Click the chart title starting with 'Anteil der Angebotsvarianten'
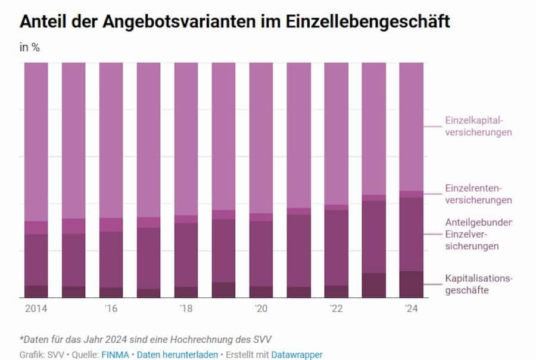pyautogui.click(x=235, y=21)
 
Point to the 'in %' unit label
pyautogui.click(x=30, y=48)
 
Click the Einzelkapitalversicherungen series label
pyautogui.click(x=478, y=126)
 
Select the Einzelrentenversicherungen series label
pyautogui.click(x=478, y=194)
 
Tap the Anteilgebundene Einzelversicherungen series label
pyautogui.click(x=478, y=234)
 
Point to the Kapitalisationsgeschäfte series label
pyautogui.click(x=478, y=284)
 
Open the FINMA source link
pyautogui.click(x=114, y=355)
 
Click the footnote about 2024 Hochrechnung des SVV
pyautogui.click(x=146, y=339)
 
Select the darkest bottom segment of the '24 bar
pyautogui.click(x=411, y=284)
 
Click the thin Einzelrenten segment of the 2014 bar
pyautogui.click(x=36, y=228)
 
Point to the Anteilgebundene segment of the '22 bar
pyautogui.click(x=336, y=247)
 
